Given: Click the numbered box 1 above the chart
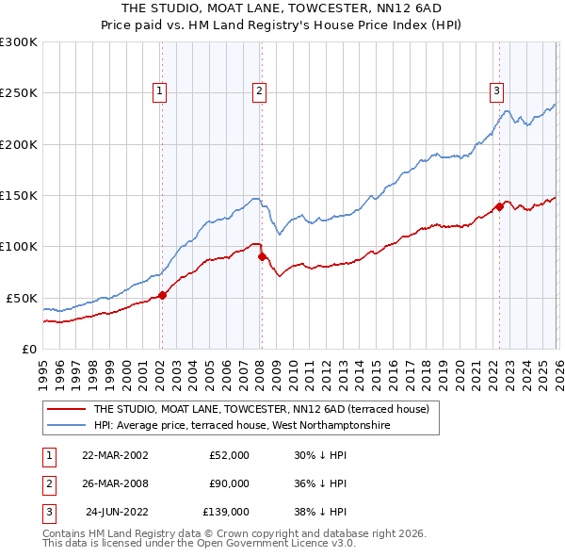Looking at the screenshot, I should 160,91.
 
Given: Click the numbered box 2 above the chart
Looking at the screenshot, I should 259,91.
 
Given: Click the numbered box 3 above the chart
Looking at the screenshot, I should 496,91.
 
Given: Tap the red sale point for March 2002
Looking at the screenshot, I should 162,295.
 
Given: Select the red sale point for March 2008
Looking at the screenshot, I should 262,256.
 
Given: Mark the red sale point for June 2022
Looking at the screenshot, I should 499,207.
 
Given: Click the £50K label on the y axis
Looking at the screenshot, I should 21,298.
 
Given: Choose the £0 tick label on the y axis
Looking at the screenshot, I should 28,349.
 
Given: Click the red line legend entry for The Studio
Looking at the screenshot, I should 261,409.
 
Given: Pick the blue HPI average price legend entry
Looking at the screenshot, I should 241,426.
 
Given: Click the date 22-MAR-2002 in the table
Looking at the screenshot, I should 115,455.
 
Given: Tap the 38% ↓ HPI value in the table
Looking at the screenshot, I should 320,513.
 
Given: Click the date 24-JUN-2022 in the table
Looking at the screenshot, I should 117,513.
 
